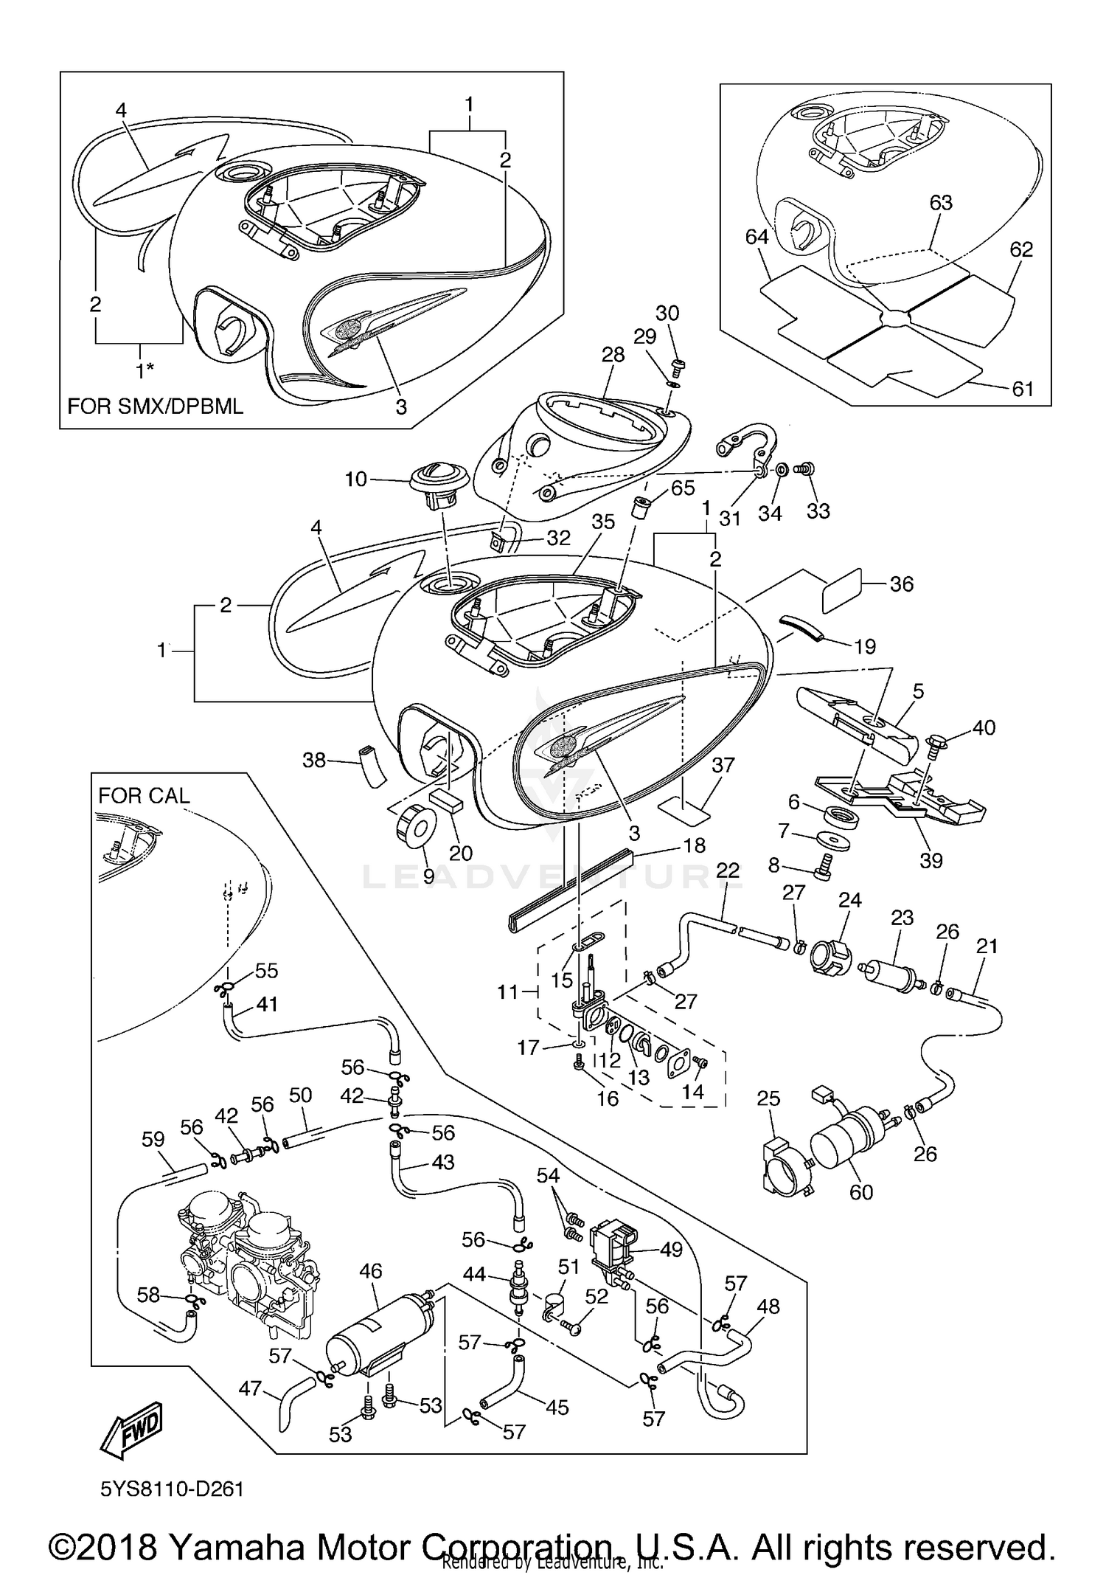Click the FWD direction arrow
[131, 1425]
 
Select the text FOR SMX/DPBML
[156, 406]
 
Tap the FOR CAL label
[144, 795]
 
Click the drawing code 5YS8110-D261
[172, 1489]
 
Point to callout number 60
[860, 1191]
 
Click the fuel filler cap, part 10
[440, 480]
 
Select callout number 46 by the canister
[371, 1270]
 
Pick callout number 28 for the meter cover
[613, 355]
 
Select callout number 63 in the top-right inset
[941, 202]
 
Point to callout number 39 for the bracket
[931, 860]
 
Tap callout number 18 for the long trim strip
[694, 845]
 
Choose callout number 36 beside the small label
[901, 584]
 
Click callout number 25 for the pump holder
[768, 1098]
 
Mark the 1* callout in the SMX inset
[145, 369]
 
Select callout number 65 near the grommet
[683, 488]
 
